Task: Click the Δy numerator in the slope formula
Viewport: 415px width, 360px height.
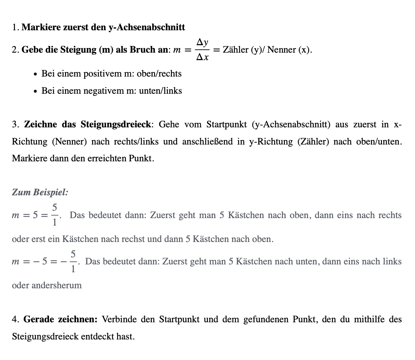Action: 202,43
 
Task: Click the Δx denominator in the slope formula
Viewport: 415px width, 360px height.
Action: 202,57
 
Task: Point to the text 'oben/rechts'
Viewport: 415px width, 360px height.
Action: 159,74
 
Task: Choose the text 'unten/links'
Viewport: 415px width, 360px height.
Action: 160,91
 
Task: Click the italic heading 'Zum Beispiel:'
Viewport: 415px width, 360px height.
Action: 40,193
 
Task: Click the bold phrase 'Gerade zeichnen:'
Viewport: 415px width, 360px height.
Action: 60,319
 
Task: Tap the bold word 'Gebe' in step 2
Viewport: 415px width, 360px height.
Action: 32,50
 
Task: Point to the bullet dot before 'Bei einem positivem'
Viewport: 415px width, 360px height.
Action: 35,74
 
